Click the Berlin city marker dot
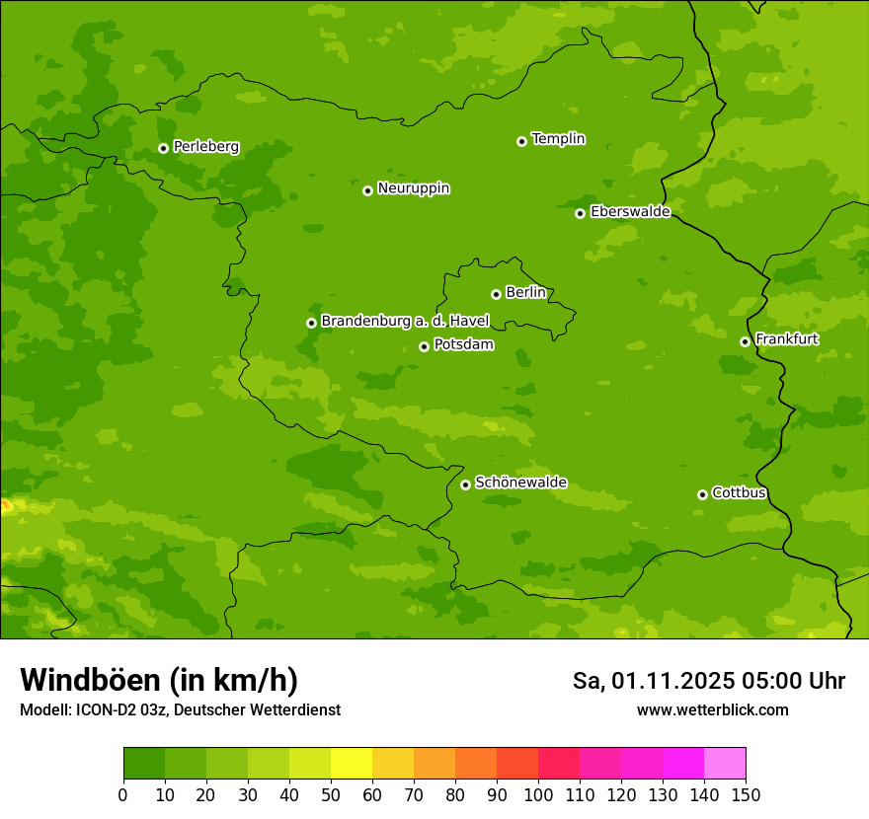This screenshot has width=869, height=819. [496, 294]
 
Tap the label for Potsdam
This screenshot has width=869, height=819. [463, 345]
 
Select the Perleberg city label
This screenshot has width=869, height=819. [205, 147]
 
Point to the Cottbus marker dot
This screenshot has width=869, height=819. [702, 494]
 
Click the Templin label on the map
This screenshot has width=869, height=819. [558, 139]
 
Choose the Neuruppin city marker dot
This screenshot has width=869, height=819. [367, 190]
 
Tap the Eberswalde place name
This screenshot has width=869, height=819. [630, 212]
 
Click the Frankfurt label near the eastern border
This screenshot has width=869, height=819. [786, 339]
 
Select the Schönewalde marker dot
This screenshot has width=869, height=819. [465, 484]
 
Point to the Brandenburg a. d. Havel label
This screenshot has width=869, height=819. [405, 322]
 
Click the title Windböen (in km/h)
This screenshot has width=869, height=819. [159, 680]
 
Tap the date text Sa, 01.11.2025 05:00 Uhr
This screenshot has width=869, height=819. [708, 681]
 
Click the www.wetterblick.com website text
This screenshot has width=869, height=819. [712, 710]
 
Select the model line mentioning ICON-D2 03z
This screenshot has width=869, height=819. [180, 710]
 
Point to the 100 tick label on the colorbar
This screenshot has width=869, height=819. [538, 794]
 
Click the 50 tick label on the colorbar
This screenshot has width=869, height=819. [331, 794]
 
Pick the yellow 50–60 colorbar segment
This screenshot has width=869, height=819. [352, 764]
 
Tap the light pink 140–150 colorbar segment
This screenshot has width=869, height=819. [725, 764]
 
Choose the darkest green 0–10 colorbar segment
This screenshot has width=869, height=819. [144, 764]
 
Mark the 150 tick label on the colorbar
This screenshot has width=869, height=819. [746, 794]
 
